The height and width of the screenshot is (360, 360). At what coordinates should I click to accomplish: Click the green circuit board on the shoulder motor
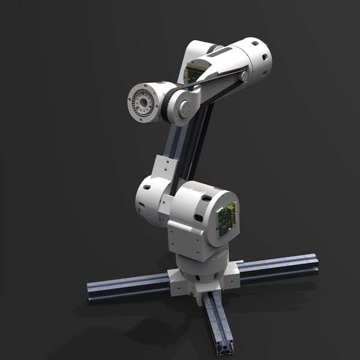point(228,218)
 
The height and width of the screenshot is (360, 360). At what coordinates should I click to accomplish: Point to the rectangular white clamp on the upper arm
point(162,167)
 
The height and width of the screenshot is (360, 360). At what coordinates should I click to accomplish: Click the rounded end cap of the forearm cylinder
point(261,59)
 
